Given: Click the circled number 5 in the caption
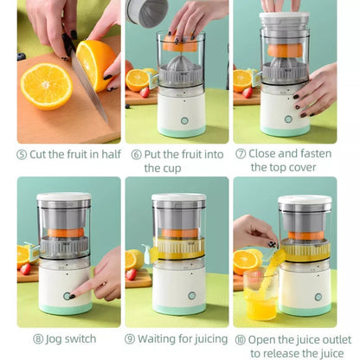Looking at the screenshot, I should (x=22, y=155).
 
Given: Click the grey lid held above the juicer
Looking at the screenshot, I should (x=146, y=11).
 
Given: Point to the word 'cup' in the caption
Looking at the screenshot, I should (x=170, y=168).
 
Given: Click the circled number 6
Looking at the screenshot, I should (x=136, y=155).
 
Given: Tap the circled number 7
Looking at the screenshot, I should (x=241, y=155).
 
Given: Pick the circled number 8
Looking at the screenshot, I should (x=39, y=340).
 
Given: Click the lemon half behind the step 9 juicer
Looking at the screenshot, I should (x=134, y=259).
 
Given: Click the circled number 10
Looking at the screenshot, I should (x=241, y=340).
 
